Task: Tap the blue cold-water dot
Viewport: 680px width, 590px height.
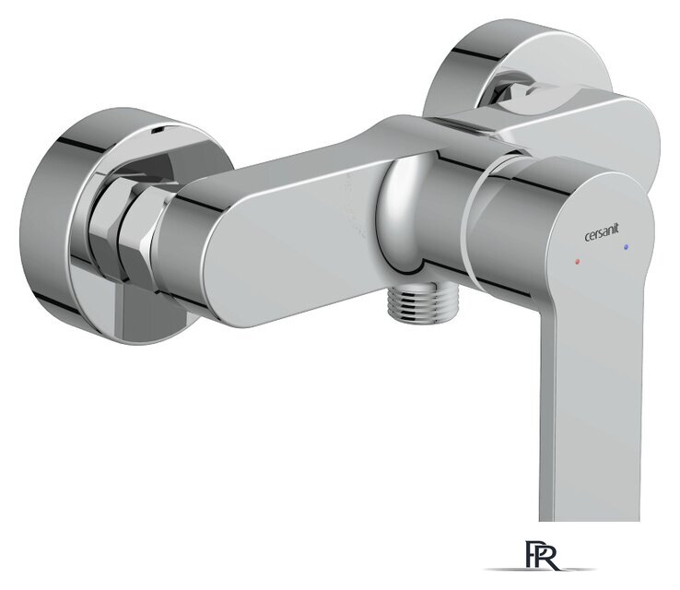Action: [x=627, y=247]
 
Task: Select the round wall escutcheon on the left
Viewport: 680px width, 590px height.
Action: [x=74, y=226]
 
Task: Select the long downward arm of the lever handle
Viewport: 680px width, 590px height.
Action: [x=585, y=396]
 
